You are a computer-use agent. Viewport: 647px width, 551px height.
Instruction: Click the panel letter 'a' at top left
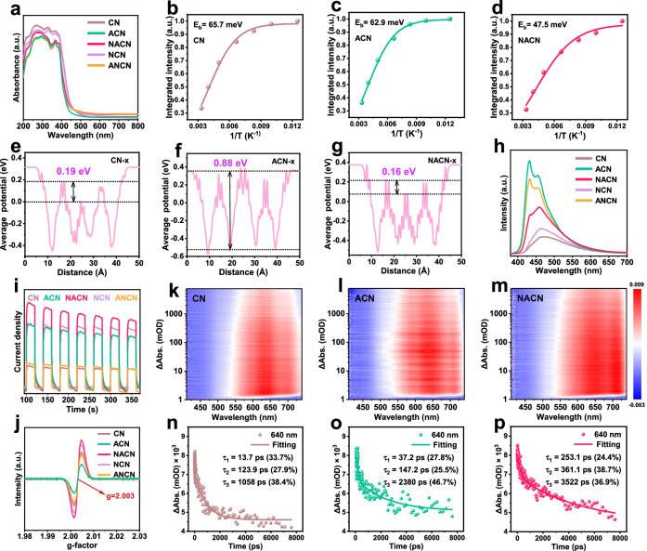click(x=7, y=8)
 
